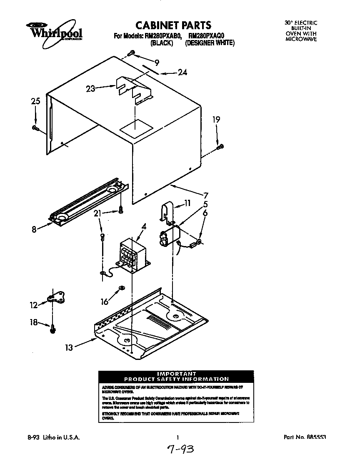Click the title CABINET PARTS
tap(174, 25)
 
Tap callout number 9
tap(157, 63)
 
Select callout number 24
tap(182, 73)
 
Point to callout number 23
tap(91, 88)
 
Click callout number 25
tap(35, 101)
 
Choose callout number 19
tap(216, 120)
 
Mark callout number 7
tap(206, 195)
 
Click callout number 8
tap(34, 229)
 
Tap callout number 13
tap(69, 347)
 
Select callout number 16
tap(105, 301)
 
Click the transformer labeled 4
tap(132, 254)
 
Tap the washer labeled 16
tap(121, 288)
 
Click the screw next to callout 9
tap(132, 53)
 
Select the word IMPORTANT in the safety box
tap(177, 373)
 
